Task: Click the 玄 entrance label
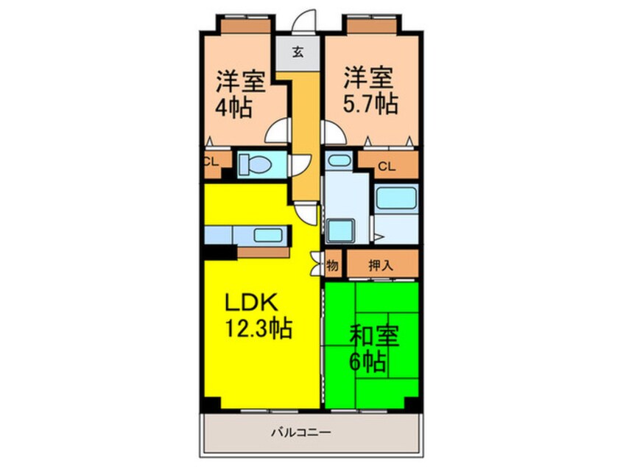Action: (x=298, y=52)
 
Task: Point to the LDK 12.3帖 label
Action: (x=257, y=315)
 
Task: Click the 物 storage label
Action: (x=331, y=267)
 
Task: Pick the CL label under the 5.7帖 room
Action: (x=386, y=166)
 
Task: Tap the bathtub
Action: (x=396, y=199)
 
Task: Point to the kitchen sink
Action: (x=263, y=236)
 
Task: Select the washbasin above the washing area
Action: (x=338, y=160)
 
